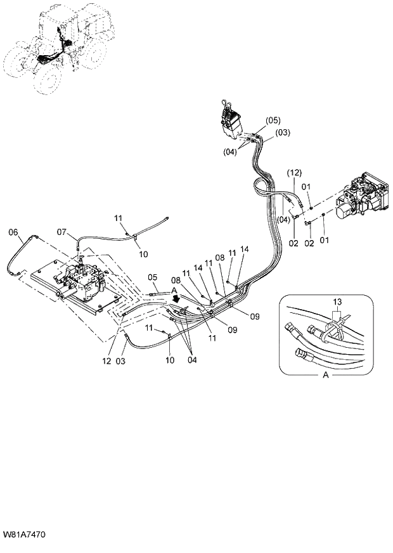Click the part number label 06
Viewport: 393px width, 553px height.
(13, 232)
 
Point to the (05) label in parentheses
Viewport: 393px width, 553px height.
(273, 120)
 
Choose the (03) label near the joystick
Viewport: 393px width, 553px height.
(283, 132)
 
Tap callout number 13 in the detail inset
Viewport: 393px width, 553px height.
(336, 302)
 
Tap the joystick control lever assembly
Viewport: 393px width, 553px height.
(231, 120)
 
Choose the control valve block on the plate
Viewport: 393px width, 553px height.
(82, 283)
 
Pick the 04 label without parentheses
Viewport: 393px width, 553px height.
(191, 360)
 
